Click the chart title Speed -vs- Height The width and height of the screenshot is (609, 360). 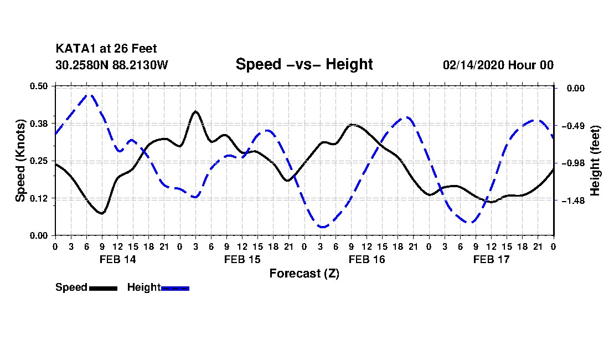coord(304,64)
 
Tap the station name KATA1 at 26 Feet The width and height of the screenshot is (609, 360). coord(102,49)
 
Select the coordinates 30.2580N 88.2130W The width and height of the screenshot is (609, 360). coord(111,65)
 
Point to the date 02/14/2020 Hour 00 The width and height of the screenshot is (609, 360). coord(498,65)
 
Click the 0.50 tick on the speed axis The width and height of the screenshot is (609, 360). coord(39,86)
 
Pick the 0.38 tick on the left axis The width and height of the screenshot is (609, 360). coord(39,123)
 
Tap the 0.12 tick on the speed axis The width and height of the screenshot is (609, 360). coord(39,198)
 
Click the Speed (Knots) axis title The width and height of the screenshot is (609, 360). coord(20,161)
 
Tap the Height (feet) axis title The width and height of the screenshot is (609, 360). coord(596,161)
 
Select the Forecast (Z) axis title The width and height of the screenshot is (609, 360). coord(304,273)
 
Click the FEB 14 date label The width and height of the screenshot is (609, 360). coord(117,259)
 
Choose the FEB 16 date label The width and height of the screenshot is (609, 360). coord(367,259)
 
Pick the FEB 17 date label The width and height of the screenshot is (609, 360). coord(491,259)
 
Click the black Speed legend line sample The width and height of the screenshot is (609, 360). coord(103,288)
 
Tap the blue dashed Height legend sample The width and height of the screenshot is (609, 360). coord(175,288)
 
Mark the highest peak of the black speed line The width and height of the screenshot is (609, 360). coord(195,111)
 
